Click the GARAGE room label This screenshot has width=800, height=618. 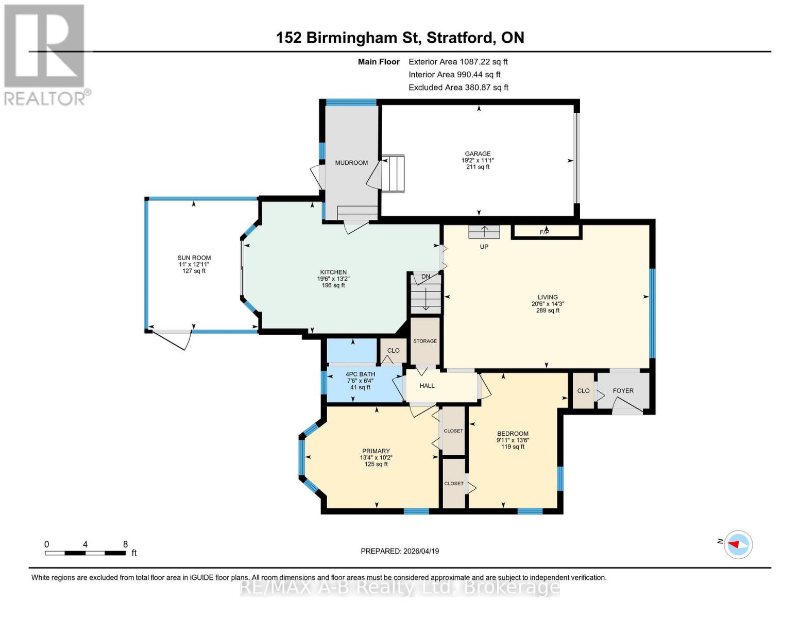[x=478, y=153]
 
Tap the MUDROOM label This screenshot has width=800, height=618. [x=351, y=163]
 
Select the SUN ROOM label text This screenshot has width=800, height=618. [x=194, y=258]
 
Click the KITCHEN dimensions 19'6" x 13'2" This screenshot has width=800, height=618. [x=333, y=279]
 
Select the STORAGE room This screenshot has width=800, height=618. [x=425, y=341]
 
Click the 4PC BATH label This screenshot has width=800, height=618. [x=360, y=374]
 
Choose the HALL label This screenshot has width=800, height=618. [x=427, y=386]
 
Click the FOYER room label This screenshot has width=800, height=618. [x=623, y=391]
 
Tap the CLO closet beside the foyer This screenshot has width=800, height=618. [x=583, y=391]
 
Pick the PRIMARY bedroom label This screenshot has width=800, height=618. [x=376, y=451]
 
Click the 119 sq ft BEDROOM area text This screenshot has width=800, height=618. [x=513, y=447]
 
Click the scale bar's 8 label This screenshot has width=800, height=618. [x=125, y=544]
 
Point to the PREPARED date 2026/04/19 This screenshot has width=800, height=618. [x=399, y=551]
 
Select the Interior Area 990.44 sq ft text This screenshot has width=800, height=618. [x=454, y=75]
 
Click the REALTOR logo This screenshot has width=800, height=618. [x=45, y=54]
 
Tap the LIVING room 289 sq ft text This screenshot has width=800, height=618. [x=548, y=311]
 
